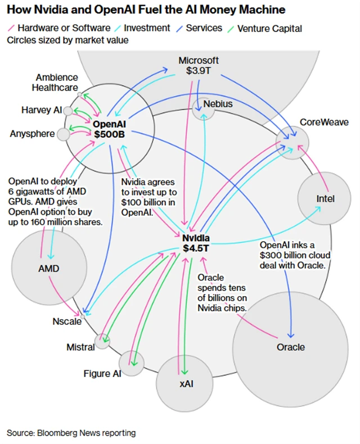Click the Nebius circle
tap(204, 109)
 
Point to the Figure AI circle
tap(132, 363)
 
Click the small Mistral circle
tap(102, 341)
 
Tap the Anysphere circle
tap(64, 134)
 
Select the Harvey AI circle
tap(68, 111)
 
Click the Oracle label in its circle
tap(290, 347)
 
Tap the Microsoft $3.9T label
tap(198, 66)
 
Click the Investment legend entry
tap(145, 28)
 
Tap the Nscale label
tap(67, 321)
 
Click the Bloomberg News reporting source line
tap(71, 433)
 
